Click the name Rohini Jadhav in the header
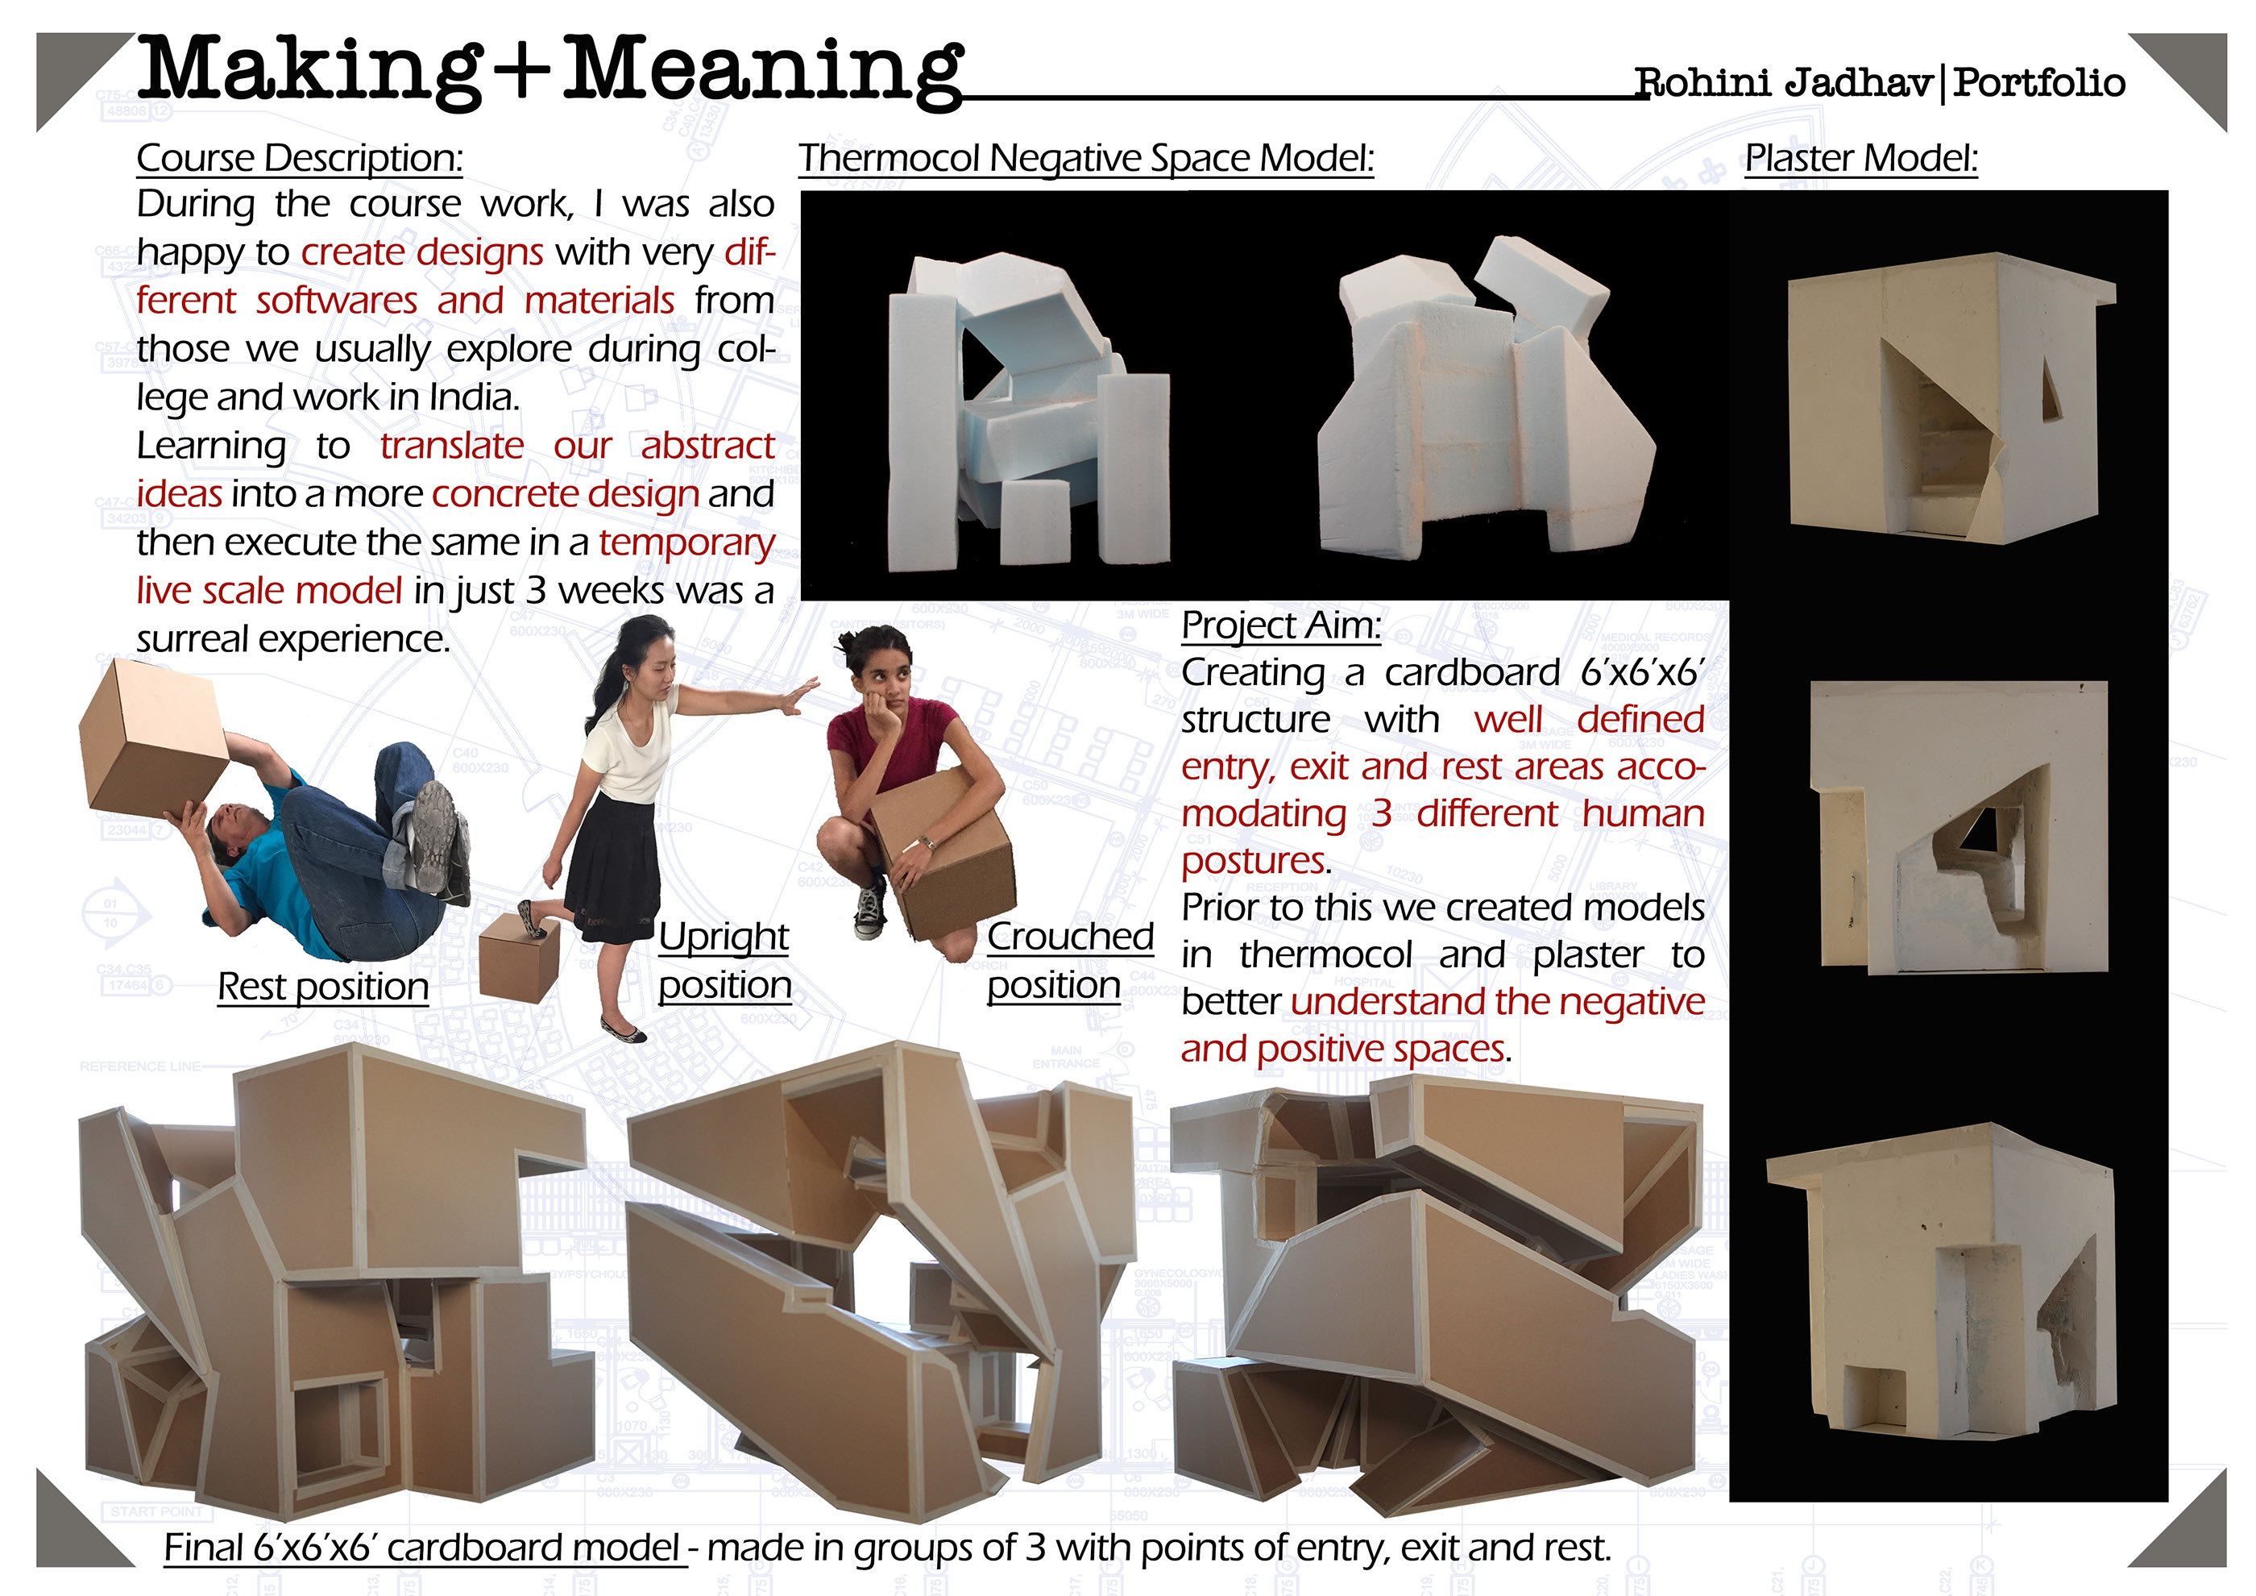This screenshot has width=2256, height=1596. [1782, 82]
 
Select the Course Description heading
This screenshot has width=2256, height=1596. [299, 158]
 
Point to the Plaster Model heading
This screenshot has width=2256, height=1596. [1860, 158]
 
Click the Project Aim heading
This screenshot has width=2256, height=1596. [1280, 625]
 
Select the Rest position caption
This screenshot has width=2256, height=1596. [322, 987]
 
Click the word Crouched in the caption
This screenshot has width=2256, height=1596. [1069, 937]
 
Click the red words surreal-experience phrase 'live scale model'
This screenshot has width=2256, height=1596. [269, 591]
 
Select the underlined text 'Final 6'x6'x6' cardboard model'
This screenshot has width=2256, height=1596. [421, 1548]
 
